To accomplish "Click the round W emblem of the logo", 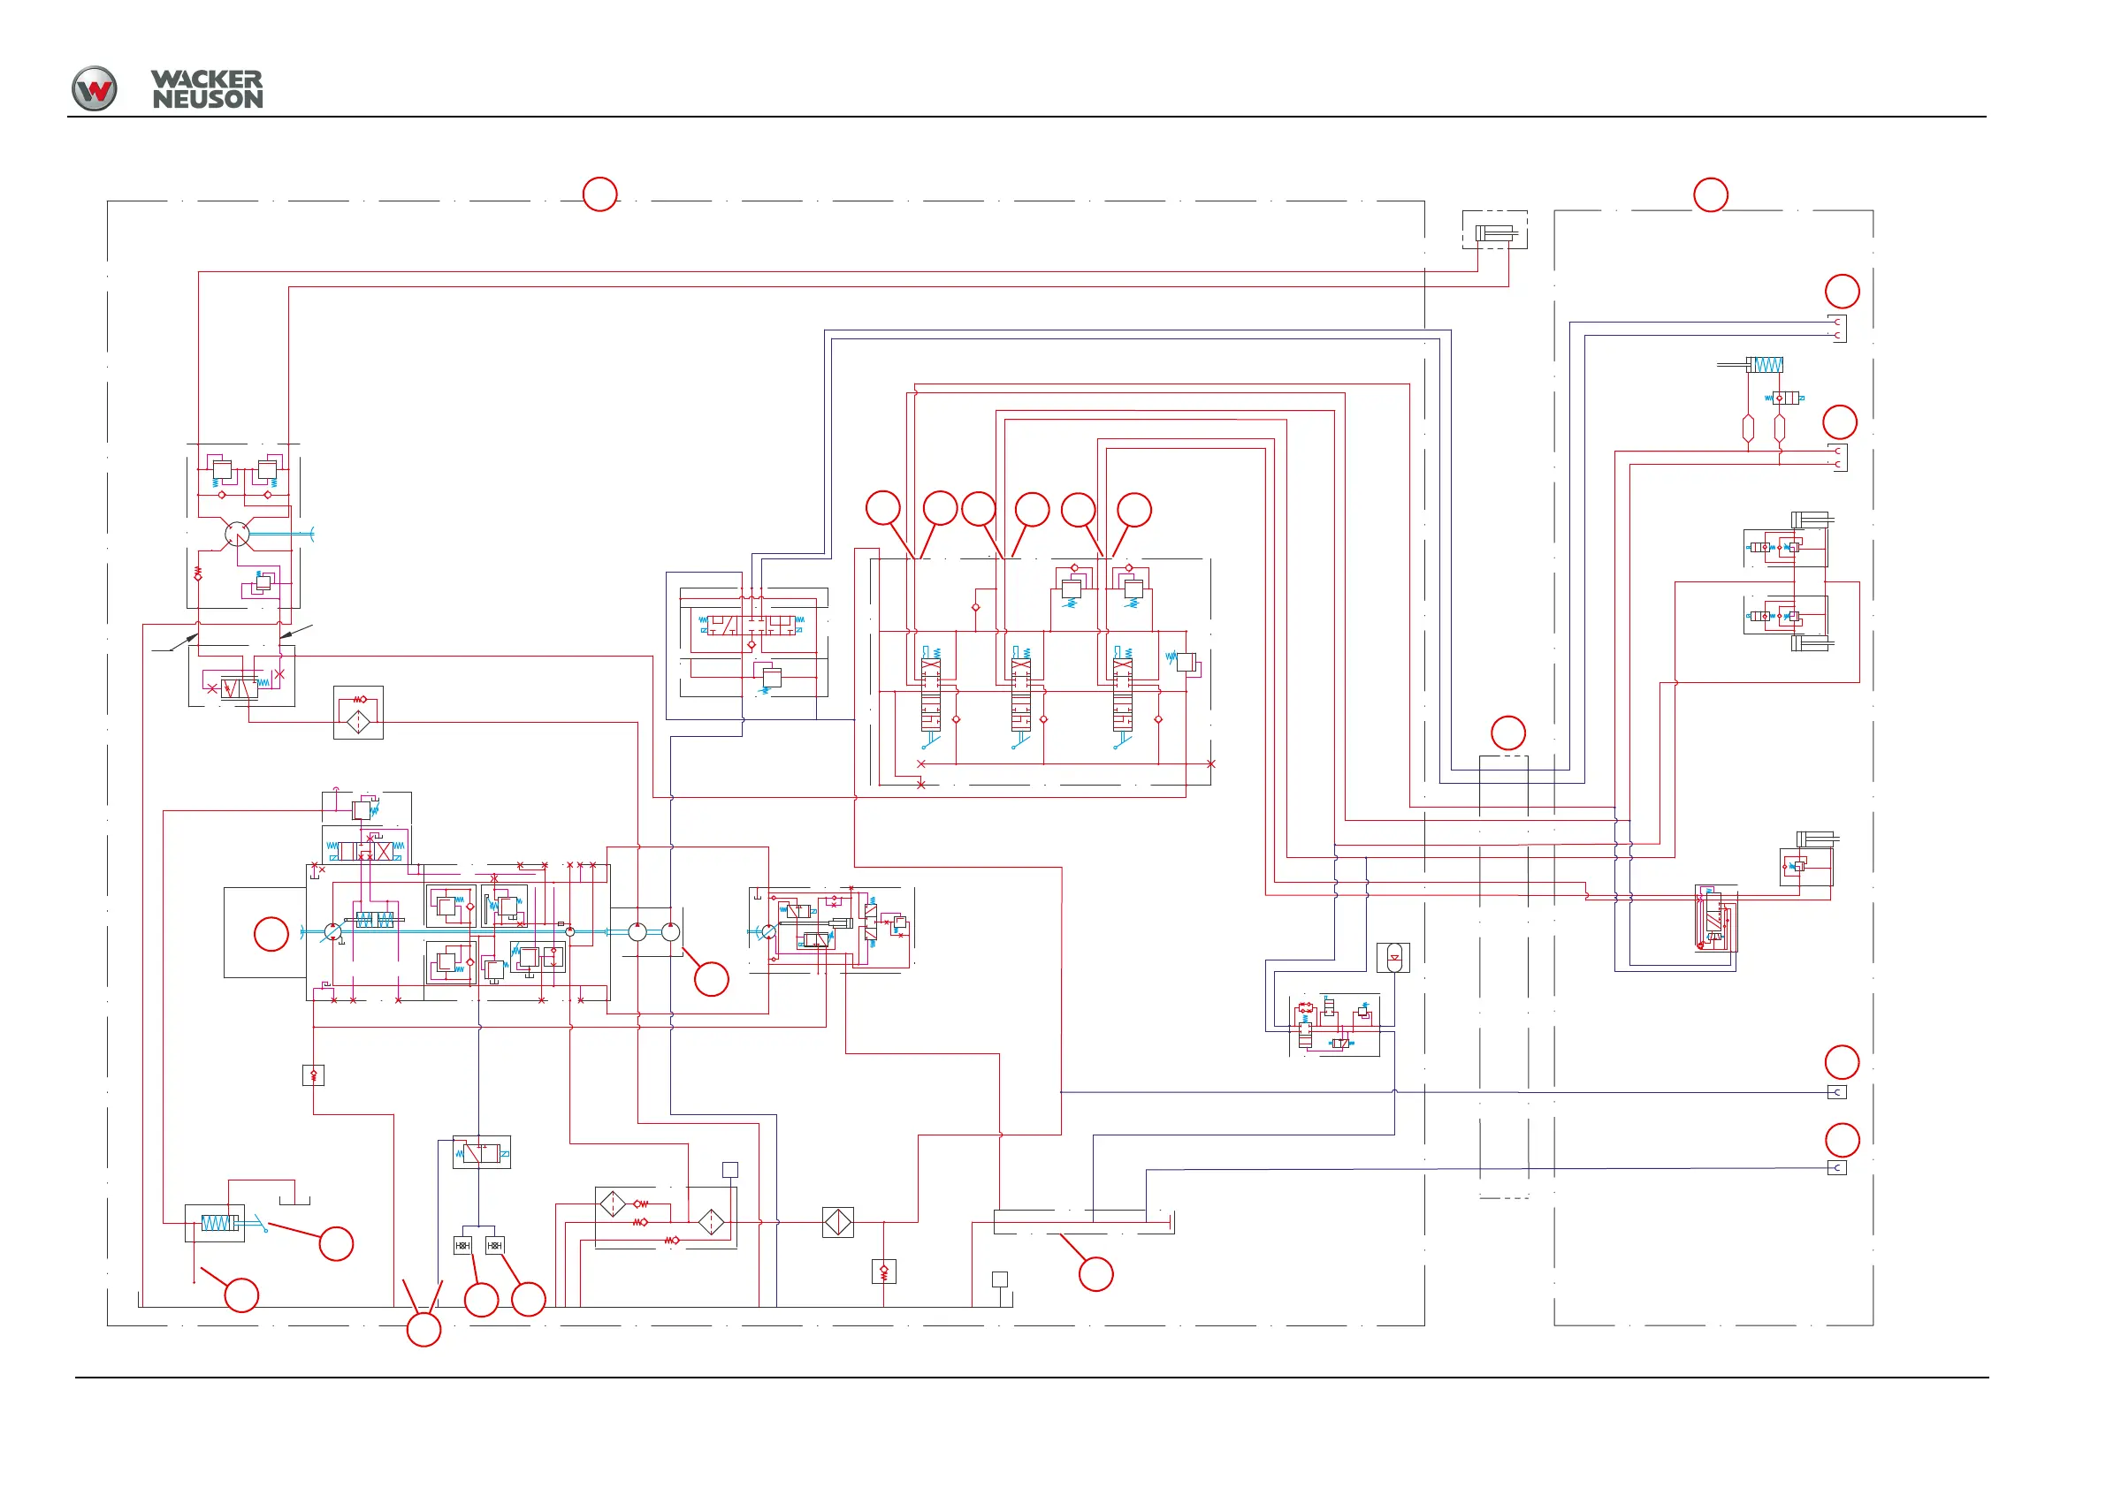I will pyautogui.click(x=95, y=89).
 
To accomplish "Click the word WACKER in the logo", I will pyautogui.click(x=206, y=80).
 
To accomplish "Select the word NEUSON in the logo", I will pyautogui.click(x=207, y=99).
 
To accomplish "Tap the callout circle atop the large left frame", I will pyautogui.click(x=599, y=194).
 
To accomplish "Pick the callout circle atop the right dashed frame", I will pyautogui.click(x=1710, y=195).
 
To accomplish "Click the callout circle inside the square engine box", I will pyautogui.click(x=271, y=934).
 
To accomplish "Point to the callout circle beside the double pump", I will pyautogui.click(x=711, y=979).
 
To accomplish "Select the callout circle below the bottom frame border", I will pyautogui.click(x=423, y=1329).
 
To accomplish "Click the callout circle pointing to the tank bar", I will pyautogui.click(x=1095, y=1274).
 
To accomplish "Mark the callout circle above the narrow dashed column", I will pyautogui.click(x=1507, y=733).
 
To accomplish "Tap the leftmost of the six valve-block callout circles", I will pyautogui.click(x=882, y=508).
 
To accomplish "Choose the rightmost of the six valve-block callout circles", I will pyautogui.click(x=1133, y=510).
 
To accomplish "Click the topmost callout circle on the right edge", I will pyautogui.click(x=1842, y=292).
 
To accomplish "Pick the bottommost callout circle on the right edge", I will pyautogui.click(x=1842, y=1141).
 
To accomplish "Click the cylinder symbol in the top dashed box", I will pyautogui.click(x=1494, y=234).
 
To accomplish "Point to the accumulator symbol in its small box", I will pyautogui.click(x=1393, y=958).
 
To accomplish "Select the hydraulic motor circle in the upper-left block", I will pyautogui.click(x=237, y=535).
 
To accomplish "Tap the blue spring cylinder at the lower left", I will pyautogui.click(x=218, y=1223).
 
